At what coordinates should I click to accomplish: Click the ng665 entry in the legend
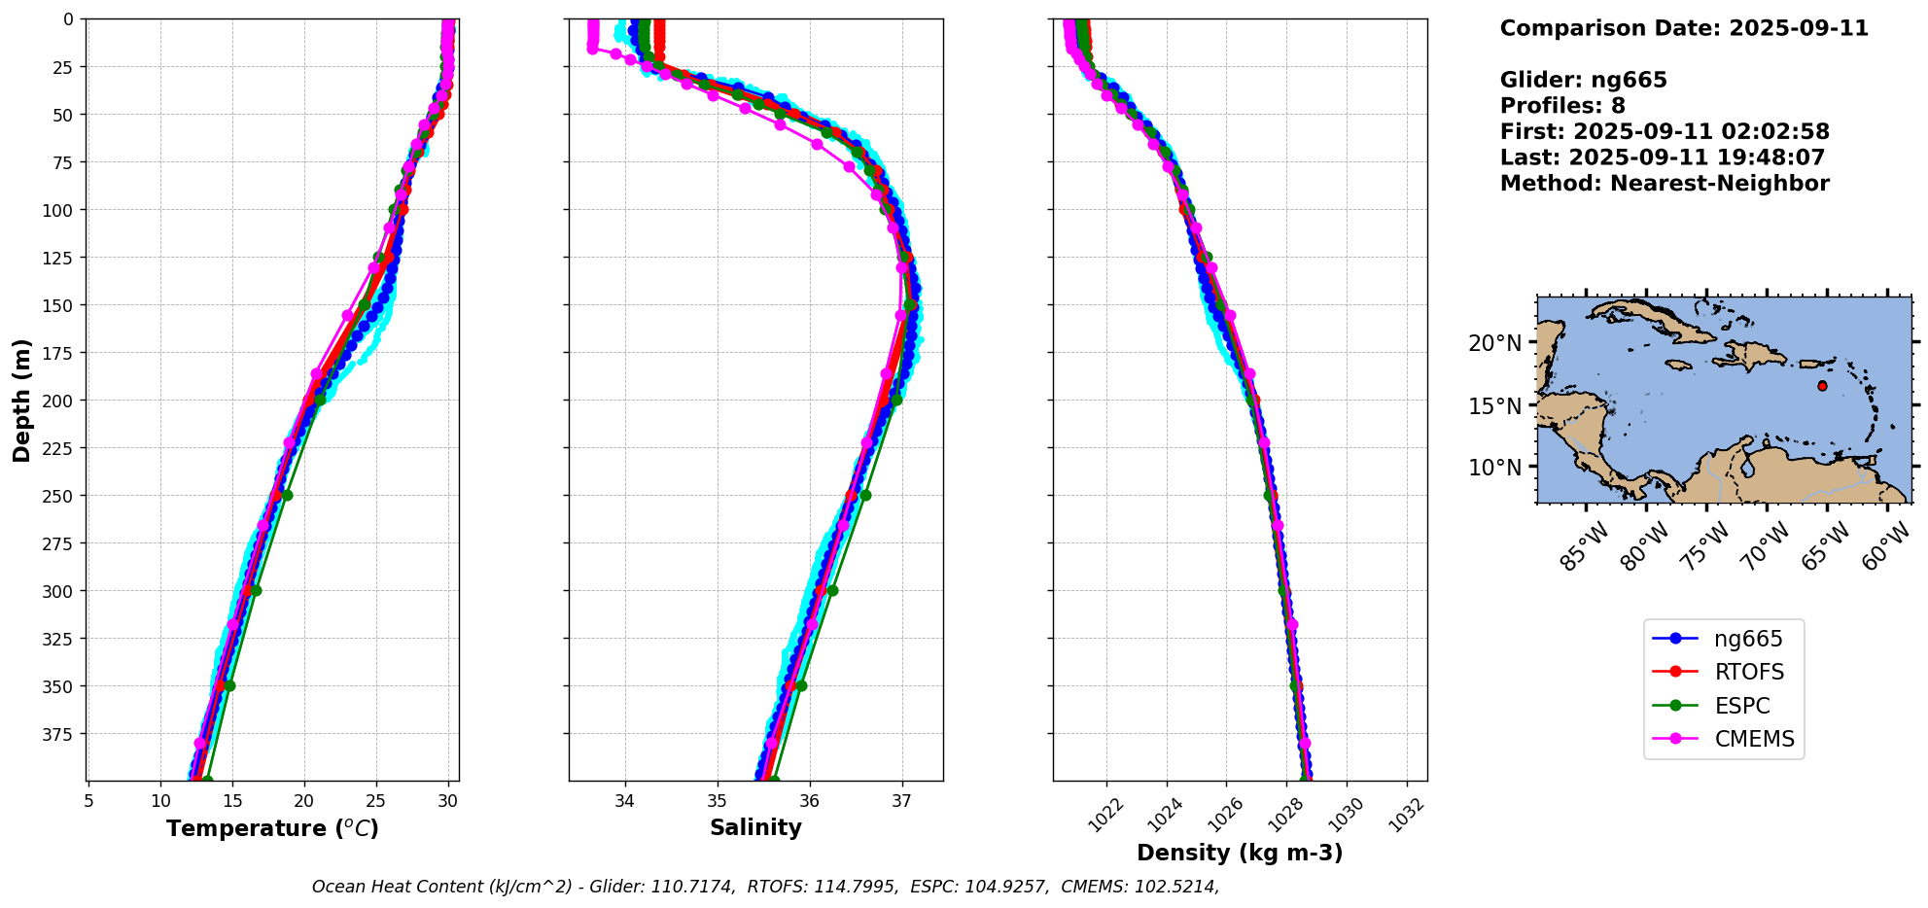coord(1747,639)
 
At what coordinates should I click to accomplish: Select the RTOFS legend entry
coord(1748,673)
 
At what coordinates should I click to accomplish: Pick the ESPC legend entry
coord(1741,706)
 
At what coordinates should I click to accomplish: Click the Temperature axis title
coord(272,828)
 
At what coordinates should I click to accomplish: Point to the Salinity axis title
coord(755,827)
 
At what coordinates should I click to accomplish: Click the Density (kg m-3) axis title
coord(1240,853)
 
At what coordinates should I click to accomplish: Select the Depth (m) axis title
coord(22,400)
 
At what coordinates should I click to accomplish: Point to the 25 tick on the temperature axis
coord(376,801)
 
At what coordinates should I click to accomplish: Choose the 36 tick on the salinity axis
coord(809,801)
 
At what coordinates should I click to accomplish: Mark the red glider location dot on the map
coord(1822,386)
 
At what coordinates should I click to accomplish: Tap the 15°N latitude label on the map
coord(1494,405)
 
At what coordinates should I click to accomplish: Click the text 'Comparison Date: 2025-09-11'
coord(1684,28)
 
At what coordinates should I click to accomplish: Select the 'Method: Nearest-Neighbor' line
coord(1665,184)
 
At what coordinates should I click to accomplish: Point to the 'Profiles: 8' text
coord(1562,106)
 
